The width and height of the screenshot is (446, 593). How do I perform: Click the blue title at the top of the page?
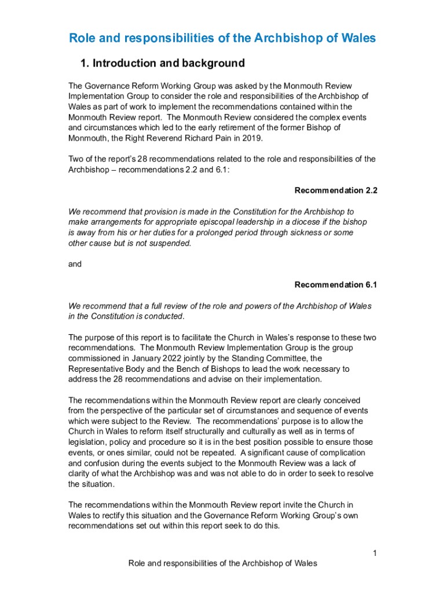pyautogui.click(x=222, y=38)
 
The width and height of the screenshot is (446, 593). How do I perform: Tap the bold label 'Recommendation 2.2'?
pyautogui.click(x=336, y=191)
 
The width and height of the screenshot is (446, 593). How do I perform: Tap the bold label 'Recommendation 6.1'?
pyautogui.click(x=336, y=285)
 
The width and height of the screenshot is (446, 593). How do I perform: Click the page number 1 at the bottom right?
pyautogui.click(x=375, y=554)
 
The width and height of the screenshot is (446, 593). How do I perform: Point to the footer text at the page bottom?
pyautogui.click(x=222, y=563)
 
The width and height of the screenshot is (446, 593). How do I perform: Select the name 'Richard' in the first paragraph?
pyautogui.click(x=191, y=138)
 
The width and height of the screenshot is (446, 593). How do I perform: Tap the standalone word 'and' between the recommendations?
pyautogui.click(x=75, y=264)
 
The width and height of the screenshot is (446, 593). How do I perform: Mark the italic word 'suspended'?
pyautogui.click(x=171, y=243)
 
